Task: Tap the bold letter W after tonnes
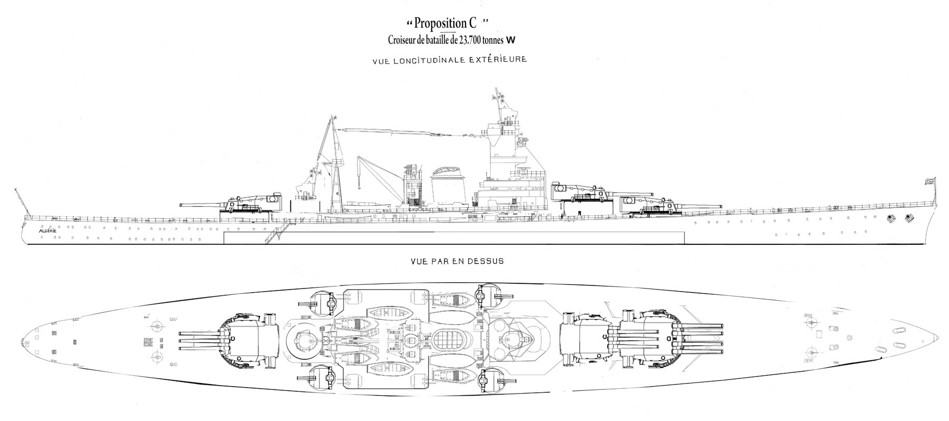511,40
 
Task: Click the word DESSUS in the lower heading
489,261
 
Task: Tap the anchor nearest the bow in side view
908,217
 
